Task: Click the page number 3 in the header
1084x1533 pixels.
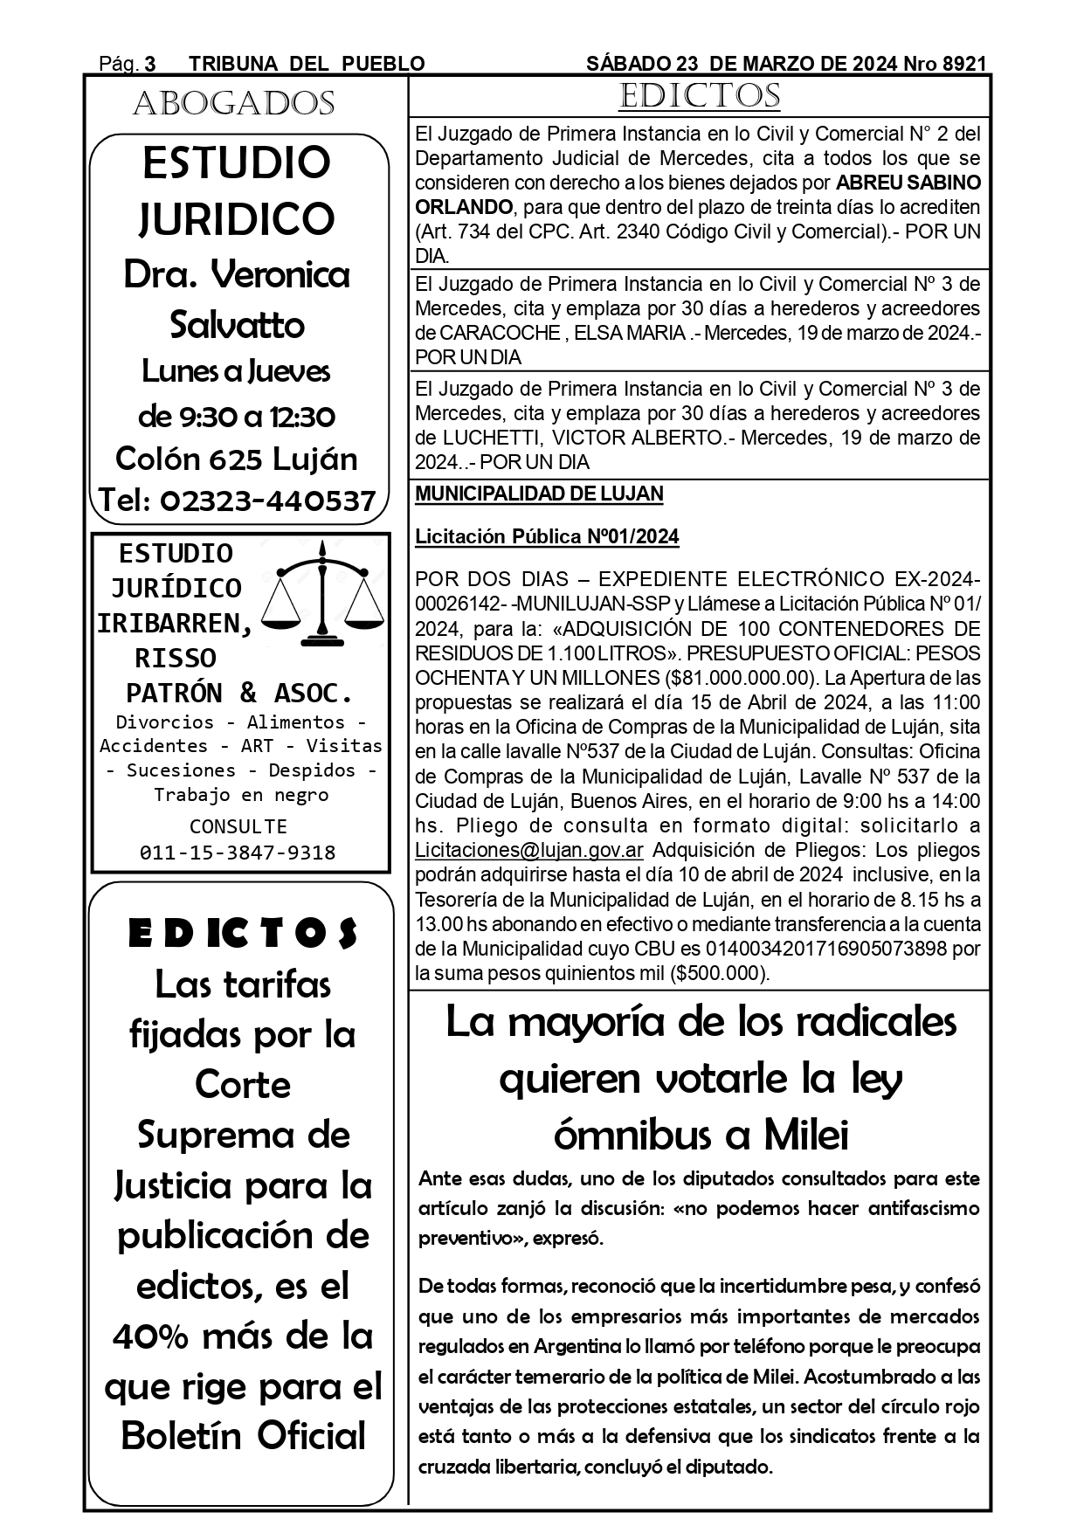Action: point(149,64)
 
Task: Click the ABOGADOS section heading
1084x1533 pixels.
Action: point(234,104)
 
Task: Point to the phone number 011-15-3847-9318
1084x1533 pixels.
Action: point(238,852)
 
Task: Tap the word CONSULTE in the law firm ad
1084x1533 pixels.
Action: point(238,825)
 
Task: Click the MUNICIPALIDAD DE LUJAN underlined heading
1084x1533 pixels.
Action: point(539,494)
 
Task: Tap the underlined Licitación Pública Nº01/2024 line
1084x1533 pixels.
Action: point(547,536)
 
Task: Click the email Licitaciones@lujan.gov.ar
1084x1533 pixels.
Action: point(529,850)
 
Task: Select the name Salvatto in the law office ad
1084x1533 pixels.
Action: point(237,325)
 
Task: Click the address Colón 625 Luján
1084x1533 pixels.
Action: point(237,459)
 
